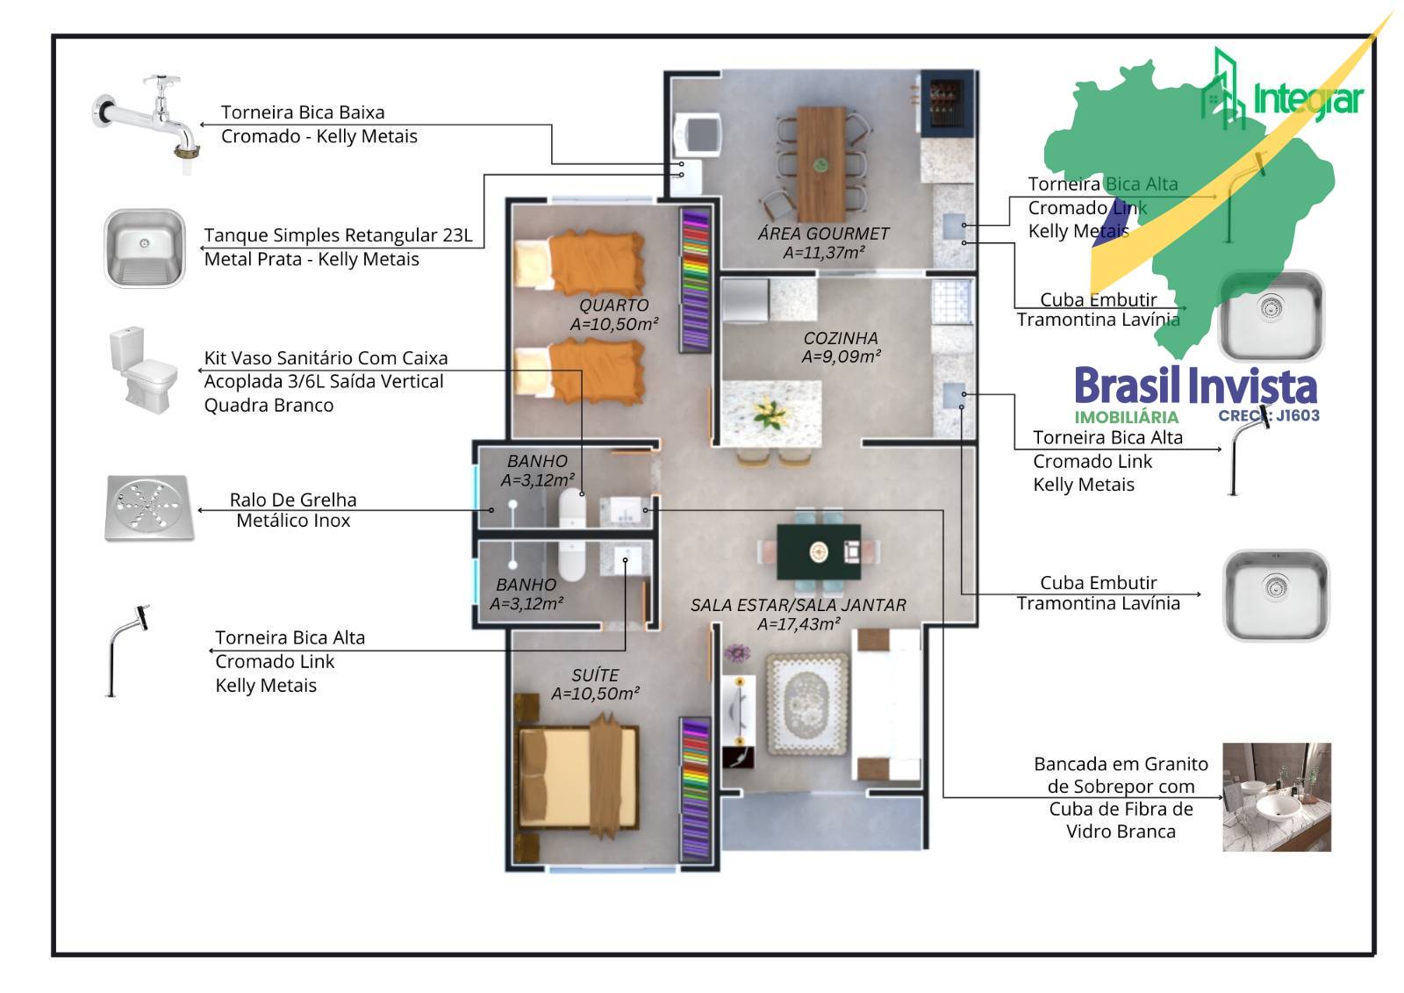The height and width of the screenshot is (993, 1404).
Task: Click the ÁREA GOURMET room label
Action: point(823,234)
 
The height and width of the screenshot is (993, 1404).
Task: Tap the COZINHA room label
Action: point(840,338)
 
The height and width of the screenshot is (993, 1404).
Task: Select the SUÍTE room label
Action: point(595,675)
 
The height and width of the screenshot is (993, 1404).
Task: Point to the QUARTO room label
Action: point(613,306)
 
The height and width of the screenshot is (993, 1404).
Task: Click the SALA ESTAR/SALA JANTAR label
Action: point(798,605)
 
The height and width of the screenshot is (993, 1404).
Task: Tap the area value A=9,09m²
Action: point(841,356)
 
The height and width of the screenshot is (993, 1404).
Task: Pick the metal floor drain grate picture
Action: point(148,507)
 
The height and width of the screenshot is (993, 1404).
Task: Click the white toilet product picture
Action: point(142,369)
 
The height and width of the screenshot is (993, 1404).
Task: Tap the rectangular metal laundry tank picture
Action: point(145,248)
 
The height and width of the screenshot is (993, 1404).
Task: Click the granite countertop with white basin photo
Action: point(1276,797)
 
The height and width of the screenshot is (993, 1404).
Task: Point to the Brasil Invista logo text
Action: point(1195,386)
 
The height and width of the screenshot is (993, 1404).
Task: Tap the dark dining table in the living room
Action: point(819,551)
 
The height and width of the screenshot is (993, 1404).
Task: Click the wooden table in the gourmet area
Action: point(821,163)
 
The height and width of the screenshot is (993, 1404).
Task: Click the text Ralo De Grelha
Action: point(293,500)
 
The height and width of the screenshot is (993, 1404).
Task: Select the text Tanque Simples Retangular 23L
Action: point(338,235)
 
